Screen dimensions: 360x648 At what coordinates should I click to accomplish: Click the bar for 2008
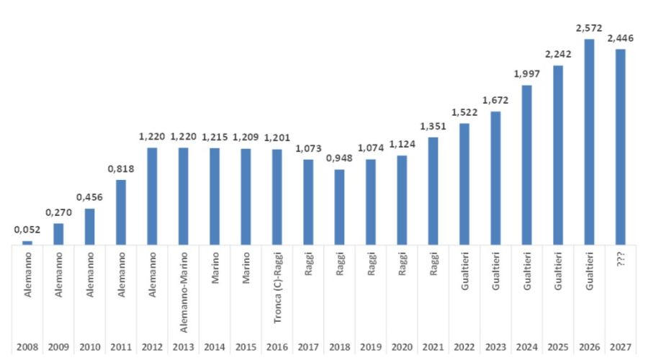pos(27,243)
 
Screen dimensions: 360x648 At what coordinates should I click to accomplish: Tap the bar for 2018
pos(339,207)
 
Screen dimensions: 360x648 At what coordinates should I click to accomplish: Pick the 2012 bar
pos(152,197)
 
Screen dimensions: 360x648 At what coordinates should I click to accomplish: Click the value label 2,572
pos(589,28)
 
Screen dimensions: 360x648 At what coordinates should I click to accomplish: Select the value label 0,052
pos(27,230)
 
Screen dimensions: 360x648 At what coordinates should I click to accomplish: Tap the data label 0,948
pos(339,158)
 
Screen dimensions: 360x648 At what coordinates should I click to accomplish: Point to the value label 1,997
pos(526,74)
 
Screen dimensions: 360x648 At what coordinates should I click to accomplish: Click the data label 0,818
pos(121,168)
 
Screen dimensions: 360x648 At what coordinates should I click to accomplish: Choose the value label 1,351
pos(433,126)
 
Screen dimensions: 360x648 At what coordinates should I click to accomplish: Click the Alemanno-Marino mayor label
pos(183,287)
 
